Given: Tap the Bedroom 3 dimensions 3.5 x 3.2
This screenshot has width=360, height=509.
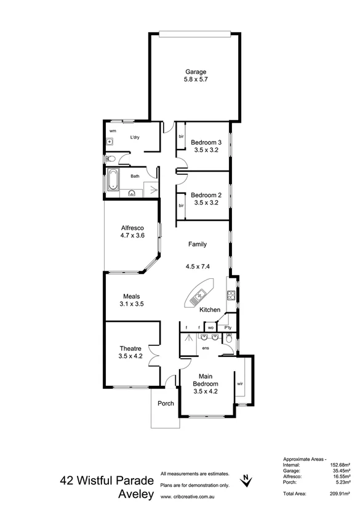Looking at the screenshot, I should point(206,149).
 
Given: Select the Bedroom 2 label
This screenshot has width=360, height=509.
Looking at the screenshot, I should point(206,193).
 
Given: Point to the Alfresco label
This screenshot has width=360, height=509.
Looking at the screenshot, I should point(132,227).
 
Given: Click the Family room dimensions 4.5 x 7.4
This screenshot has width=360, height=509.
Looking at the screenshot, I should point(198,267).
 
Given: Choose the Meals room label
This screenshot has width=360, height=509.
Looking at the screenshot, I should point(131,295).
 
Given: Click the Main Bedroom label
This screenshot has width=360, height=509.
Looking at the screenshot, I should point(206,379).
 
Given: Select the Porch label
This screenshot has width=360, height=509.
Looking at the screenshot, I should point(166,404).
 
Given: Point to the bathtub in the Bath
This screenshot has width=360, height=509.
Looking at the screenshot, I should point(112,181).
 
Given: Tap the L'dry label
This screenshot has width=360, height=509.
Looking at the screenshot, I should point(135,138).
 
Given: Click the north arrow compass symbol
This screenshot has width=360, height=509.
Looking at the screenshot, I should point(246,478).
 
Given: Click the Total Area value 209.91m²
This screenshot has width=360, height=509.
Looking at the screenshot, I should point(338,494).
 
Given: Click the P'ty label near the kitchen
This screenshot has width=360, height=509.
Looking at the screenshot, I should point(227,327).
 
